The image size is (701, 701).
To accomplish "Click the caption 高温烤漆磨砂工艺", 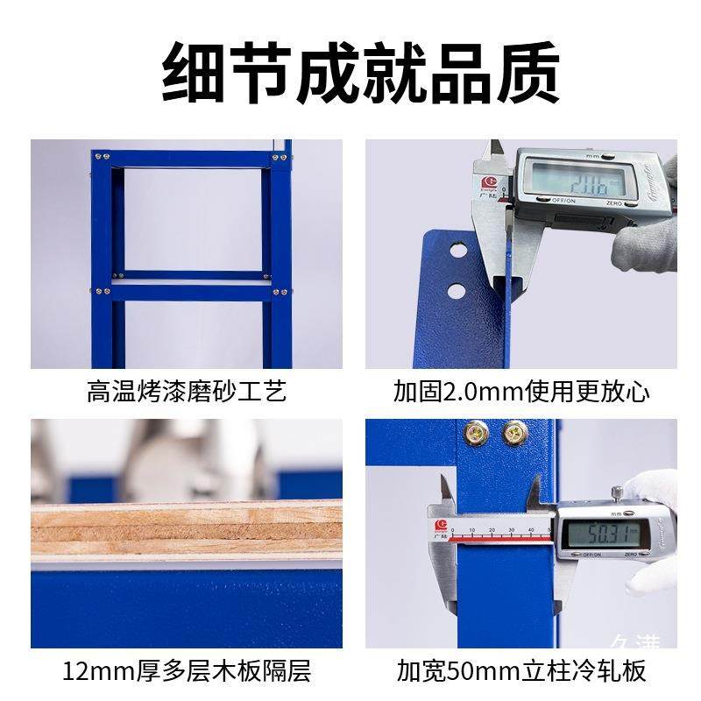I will [187, 391].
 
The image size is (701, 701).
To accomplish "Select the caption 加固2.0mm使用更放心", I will [521, 391].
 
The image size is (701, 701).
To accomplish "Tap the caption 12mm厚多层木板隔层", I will [187, 672].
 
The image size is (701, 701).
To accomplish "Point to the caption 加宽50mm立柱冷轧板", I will [521, 672].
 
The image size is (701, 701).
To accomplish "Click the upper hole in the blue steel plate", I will [457, 251].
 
